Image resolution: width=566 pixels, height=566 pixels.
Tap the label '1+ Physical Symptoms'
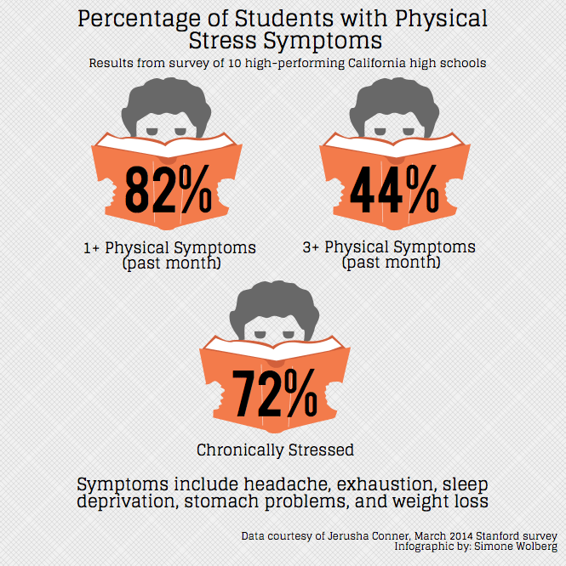tap(169, 248)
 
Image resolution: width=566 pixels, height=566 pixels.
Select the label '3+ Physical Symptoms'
tap(389, 247)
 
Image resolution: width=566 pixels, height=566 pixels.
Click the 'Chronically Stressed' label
tap(275, 450)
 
